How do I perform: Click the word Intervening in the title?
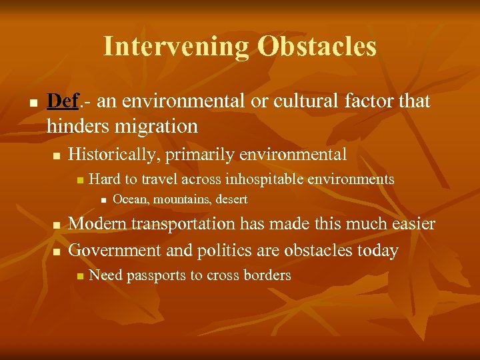[175, 46]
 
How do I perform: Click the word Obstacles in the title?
[317, 46]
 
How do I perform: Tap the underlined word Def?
[63, 101]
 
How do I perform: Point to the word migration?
[157, 125]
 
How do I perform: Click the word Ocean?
[127, 199]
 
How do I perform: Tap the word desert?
[231, 199]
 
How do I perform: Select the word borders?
[266, 275]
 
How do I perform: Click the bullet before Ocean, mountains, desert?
[102, 200]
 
